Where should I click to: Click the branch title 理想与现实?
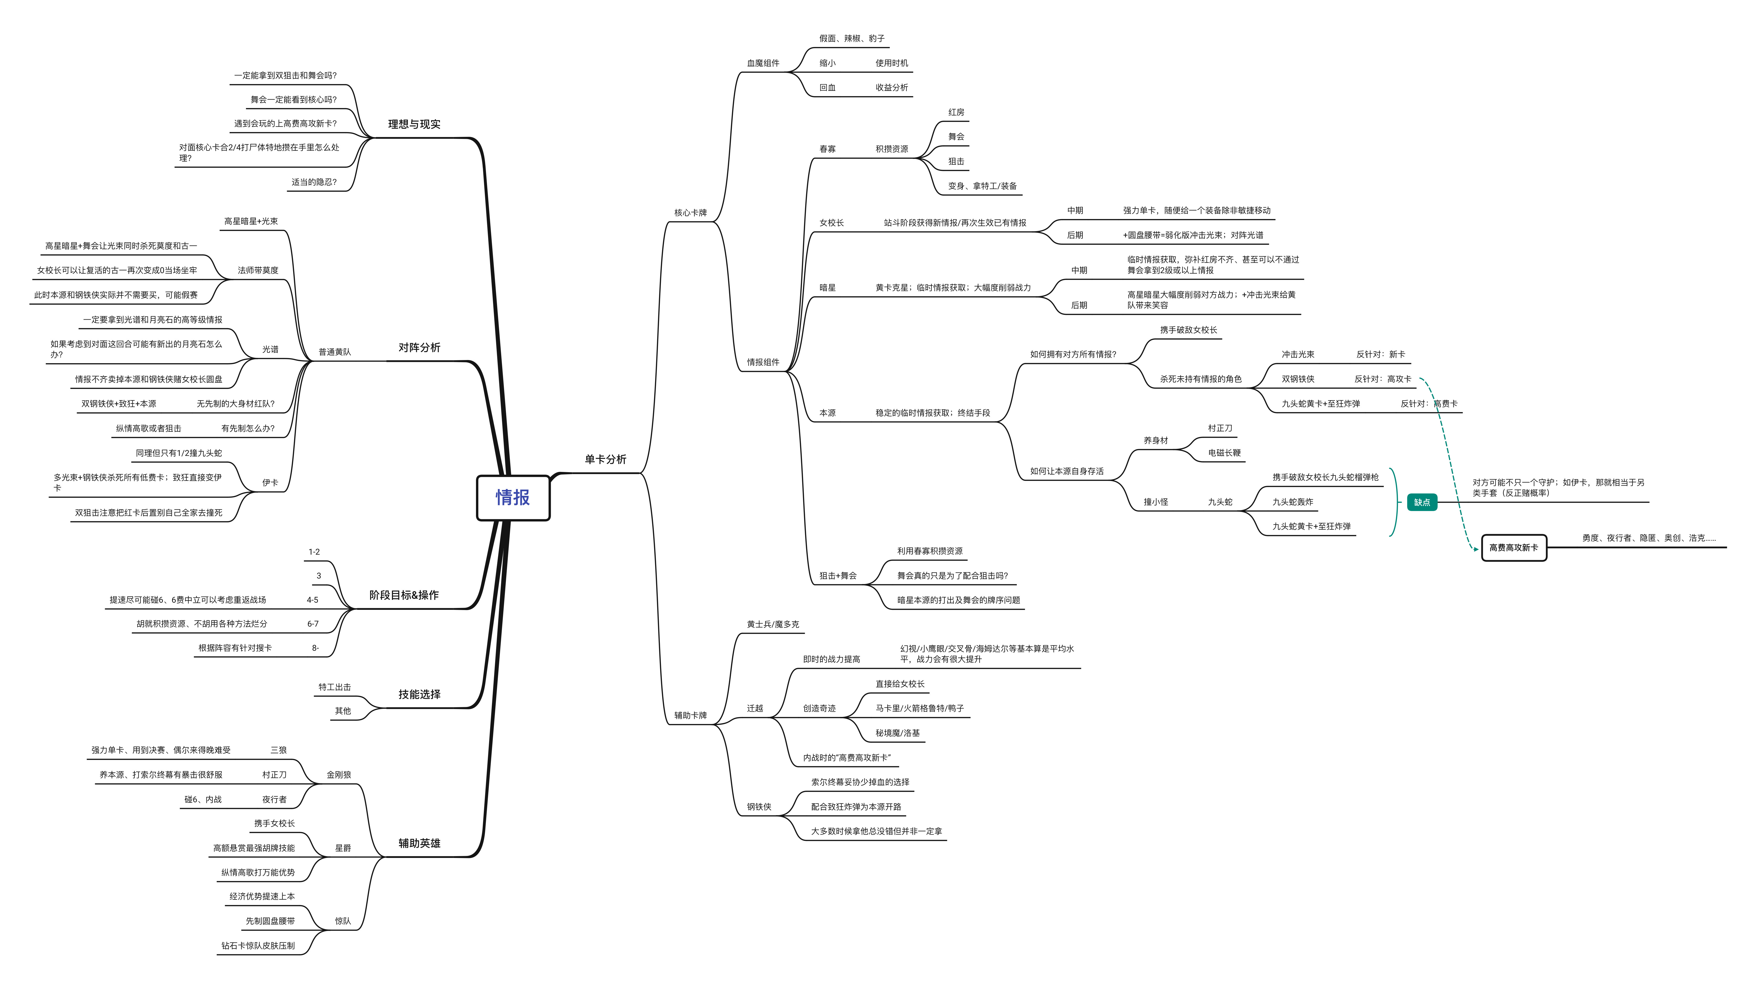[x=414, y=124]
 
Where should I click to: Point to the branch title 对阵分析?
[x=419, y=347]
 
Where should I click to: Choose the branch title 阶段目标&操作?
[x=403, y=595]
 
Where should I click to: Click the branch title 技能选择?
[x=419, y=694]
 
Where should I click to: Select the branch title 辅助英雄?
[x=419, y=843]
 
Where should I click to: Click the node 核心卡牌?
[x=691, y=213]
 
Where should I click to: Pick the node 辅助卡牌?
[x=691, y=716]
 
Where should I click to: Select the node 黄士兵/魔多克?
[x=772, y=624]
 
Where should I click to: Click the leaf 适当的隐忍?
[x=314, y=182]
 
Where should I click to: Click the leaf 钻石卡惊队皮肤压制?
[x=258, y=946]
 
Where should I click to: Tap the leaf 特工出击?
[x=335, y=687]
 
